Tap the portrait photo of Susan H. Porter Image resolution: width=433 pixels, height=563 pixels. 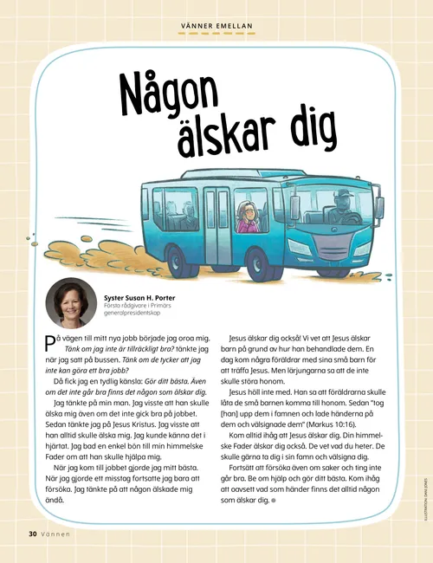[71, 303]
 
